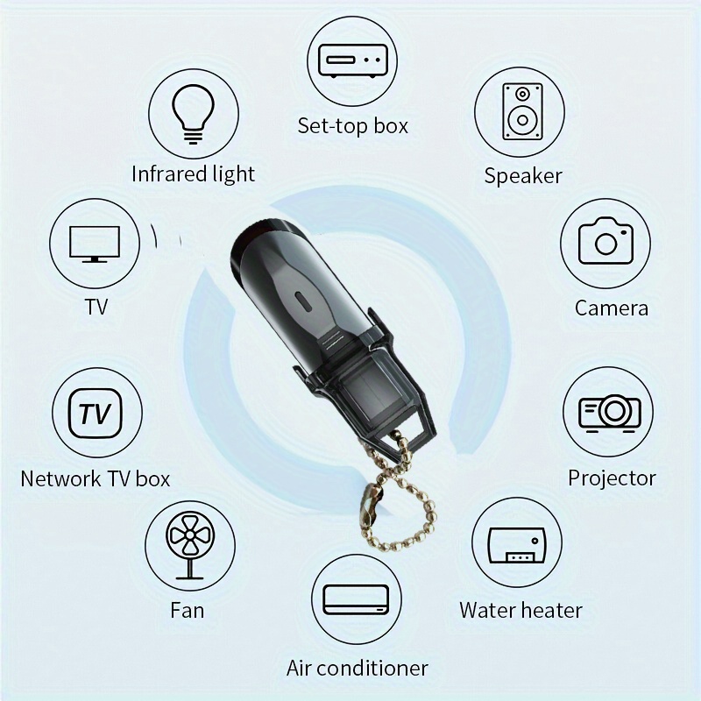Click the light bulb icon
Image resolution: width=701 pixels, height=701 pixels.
pos(192,114)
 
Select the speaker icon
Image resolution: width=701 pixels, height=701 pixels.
pos(520,111)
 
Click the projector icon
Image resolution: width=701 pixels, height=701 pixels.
pos(610,411)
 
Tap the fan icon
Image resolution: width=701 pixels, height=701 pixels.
pos(187,545)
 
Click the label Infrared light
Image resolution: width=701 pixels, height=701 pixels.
pos(193,173)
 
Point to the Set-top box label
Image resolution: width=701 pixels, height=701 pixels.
pos(353,125)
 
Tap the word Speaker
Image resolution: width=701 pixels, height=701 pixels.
pos(523,175)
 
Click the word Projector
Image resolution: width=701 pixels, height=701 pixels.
pos(612,478)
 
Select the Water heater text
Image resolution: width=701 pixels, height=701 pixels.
pos(520,610)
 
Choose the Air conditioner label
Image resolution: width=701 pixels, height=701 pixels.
pos(358,668)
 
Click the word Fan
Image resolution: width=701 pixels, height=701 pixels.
pos(187,609)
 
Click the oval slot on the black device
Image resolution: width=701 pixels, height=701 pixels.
pos(304,299)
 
